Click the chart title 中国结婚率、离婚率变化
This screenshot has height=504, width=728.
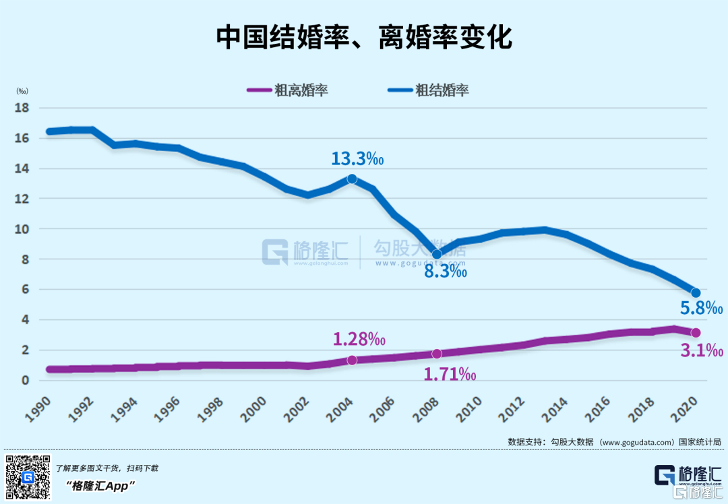pyautogui.click(x=364, y=38)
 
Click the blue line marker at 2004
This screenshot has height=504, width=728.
pyautogui.click(x=352, y=179)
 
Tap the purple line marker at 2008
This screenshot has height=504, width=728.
pyautogui.click(x=437, y=354)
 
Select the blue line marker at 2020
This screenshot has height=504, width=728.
pyautogui.click(x=696, y=292)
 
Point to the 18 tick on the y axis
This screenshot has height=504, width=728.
pyautogui.click(x=24, y=108)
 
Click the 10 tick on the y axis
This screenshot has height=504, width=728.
pyautogui.click(x=24, y=229)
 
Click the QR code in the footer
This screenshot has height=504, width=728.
pyautogui.click(x=28, y=476)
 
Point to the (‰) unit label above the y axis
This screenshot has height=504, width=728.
pyautogui.click(x=22, y=90)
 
